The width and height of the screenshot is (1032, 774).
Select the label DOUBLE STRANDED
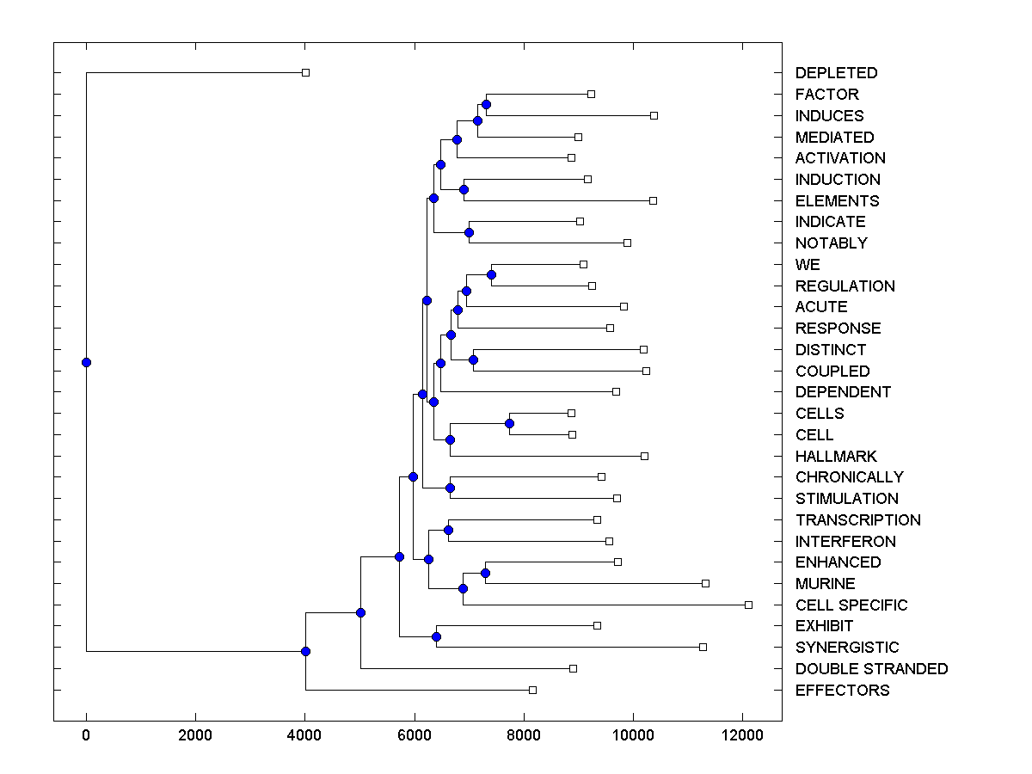[x=871, y=669]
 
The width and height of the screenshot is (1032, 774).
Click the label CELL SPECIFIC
[x=851, y=605]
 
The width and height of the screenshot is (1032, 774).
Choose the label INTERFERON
[x=845, y=542]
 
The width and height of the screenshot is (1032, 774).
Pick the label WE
[x=808, y=265]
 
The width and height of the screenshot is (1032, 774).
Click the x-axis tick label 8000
[x=524, y=734]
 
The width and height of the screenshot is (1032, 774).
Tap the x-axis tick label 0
[x=86, y=734]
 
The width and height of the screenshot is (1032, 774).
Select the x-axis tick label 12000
[x=742, y=734]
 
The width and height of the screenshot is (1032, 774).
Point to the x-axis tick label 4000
[x=305, y=734]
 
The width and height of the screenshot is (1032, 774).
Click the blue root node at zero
[x=86, y=362]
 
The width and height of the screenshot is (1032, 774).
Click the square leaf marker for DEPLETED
[x=305, y=72]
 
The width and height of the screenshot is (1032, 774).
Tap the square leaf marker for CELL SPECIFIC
[x=748, y=605]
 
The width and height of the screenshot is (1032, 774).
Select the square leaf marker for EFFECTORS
[x=532, y=690]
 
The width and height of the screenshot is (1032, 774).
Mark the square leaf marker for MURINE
[x=705, y=583]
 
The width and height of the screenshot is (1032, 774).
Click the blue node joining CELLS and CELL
[x=509, y=423]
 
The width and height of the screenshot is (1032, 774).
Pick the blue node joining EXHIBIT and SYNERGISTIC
[x=436, y=636]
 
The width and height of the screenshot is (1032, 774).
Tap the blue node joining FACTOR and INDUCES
[x=486, y=104]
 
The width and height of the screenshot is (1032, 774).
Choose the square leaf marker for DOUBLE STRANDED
[x=573, y=668]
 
